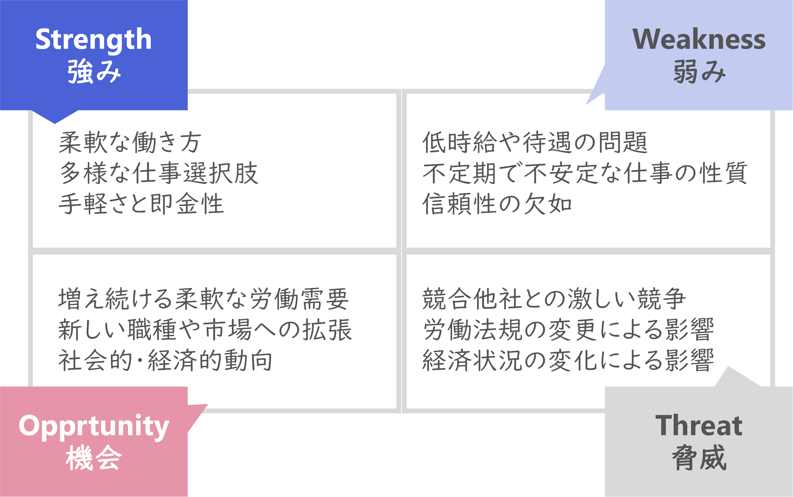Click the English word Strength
point(93,40)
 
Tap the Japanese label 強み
point(94,71)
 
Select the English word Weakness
point(699,39)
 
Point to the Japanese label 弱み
point(699,71)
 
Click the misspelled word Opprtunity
point(94,426)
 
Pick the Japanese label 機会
point(94,458)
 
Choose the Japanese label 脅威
point(699,458)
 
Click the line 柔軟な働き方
point(130,143)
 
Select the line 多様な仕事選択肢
point(159,173)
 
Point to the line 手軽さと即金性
point(141,204)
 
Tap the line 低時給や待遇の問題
point(534,143)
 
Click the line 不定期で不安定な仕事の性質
point(585,173)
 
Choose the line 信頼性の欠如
point(497,204)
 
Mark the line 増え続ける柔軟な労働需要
point(203,299)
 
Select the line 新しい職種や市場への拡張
point(205,330)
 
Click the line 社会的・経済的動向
point(165,360)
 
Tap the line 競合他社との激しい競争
point(554,299)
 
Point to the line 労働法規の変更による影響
point(568,330)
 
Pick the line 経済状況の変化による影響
point(568,360)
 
